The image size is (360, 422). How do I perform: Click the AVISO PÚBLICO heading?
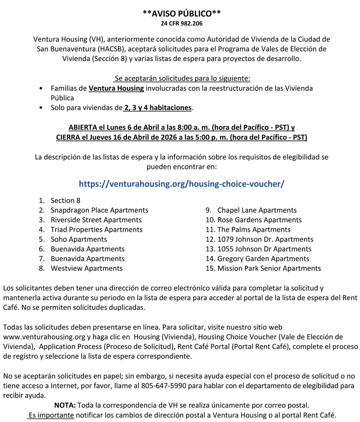[182, 14]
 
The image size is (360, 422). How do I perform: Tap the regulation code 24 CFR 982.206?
[182, 24]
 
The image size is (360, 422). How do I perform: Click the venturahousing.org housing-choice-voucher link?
[182, 183]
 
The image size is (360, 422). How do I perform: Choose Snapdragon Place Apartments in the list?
[99, 210]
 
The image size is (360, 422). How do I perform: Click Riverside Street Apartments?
[96, 220]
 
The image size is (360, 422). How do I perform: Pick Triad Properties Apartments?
[96, 229]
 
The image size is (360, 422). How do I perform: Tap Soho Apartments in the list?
[79, 239]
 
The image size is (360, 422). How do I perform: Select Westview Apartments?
[86, 268]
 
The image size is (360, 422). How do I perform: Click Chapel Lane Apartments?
[257, 210]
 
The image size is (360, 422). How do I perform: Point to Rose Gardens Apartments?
[259, 220]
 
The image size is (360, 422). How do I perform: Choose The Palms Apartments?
[254, 229]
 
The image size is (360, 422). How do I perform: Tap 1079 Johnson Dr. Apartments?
[265, 239]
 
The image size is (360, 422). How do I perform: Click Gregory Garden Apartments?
[263, 259]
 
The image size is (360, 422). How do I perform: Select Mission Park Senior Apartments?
[269, 268]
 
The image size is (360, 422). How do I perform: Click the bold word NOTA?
[65, 405]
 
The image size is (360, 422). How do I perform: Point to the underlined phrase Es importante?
[51, 414]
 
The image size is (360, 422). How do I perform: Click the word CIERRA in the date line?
[69, 137]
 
